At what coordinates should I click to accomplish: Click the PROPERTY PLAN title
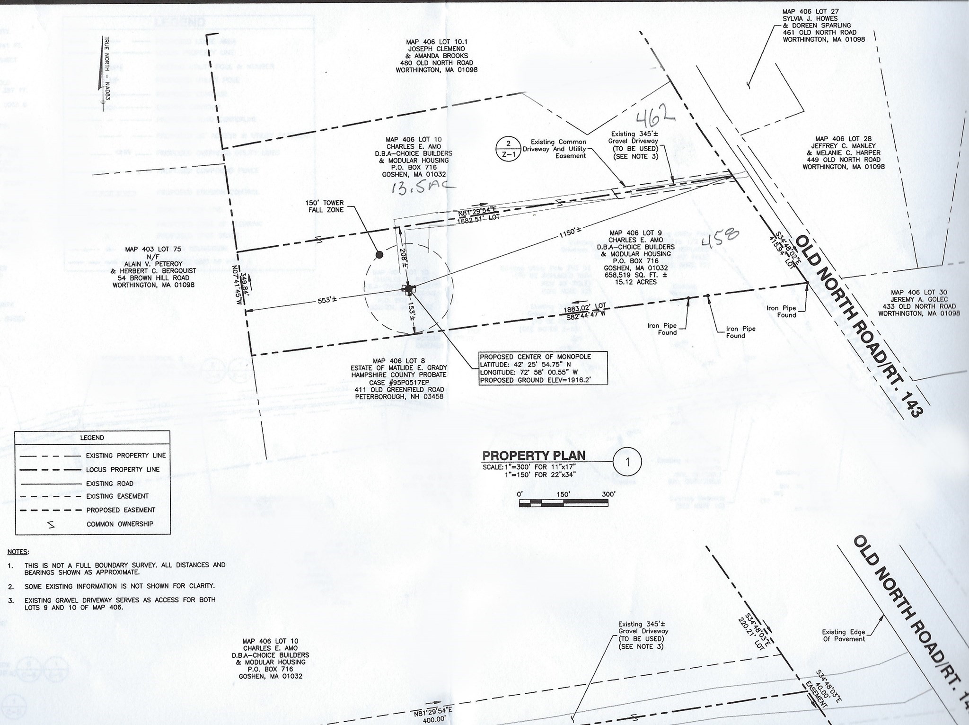pyautogui.click(x=533, y=456)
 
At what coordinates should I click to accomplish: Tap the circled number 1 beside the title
pyautogui.click(x=627, y=462)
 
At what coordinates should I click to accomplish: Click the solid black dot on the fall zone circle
pyautogui.click(x=379, y=255)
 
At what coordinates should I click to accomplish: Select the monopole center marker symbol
pyautogui.click(x=408, y=288)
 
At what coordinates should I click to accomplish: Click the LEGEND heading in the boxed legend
pyautogui.click(x=92, y=438)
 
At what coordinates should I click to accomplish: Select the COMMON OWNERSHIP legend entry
pyautogui.click(x=120, y=524)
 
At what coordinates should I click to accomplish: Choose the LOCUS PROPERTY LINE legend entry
pyautogui.click(x=123, y=469)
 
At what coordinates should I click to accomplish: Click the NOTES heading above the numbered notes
pyautogui.click(x=18, y=552)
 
